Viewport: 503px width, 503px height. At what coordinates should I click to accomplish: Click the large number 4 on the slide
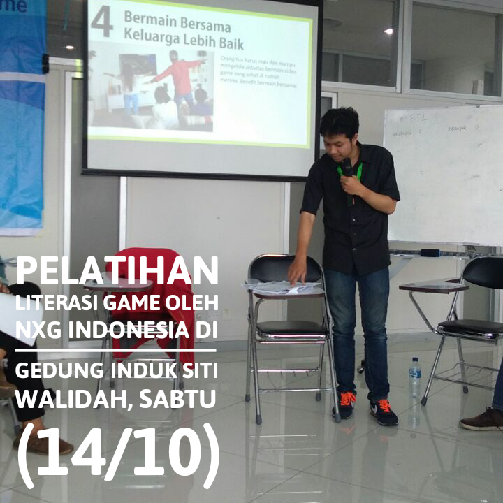pos(101,22)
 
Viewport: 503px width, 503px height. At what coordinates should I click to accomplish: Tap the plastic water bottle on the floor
pos(414,377)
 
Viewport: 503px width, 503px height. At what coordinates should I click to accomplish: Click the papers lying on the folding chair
pos(283,286)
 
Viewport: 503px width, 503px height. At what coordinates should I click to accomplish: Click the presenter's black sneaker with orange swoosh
pos(384,413)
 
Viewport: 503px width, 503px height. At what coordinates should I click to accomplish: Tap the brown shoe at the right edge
pos(482,419)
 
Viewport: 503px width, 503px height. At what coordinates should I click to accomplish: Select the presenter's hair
pos(340,121)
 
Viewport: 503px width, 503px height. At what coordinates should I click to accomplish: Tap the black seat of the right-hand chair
pos(469,326)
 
